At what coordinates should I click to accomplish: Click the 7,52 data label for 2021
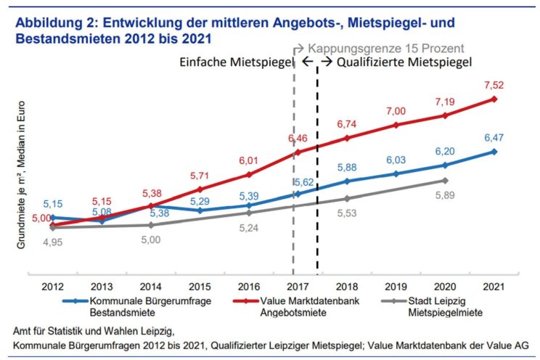pyautogui.click(x=494, y=86)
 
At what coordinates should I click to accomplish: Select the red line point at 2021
pyautogui.click(x=494, y=99)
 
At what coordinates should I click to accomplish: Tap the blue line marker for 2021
pyautogui.click(x=494, y=152)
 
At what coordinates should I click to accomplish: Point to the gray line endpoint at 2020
pyautogui.click(x=444, y=180)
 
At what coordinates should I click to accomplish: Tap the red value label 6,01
pyautogui.click(x=249, y=160)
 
